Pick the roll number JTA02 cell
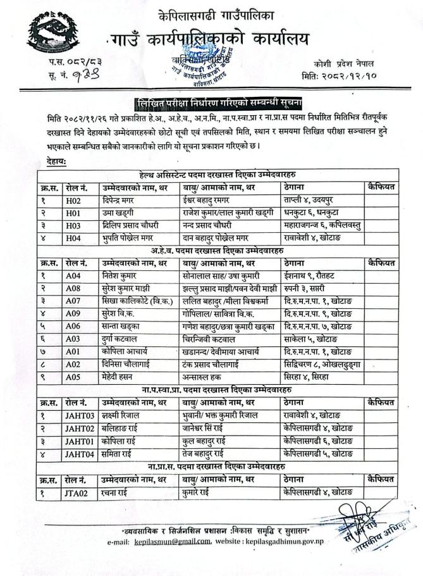[78, 492]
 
